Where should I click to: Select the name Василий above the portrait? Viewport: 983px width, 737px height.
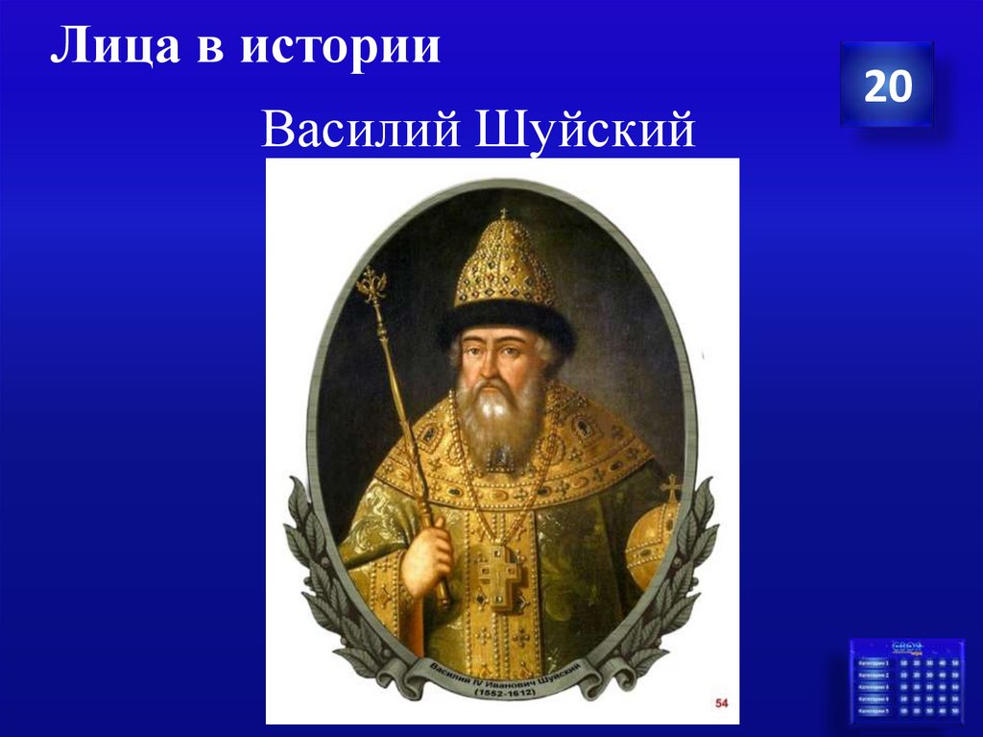coord(358,130)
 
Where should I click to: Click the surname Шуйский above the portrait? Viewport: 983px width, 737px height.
coord(582,130)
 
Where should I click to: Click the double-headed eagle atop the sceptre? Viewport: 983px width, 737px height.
coord(372,284)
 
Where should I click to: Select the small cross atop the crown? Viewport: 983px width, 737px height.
coord(502,212)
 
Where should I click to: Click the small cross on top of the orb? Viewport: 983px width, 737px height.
coord(670,487)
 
